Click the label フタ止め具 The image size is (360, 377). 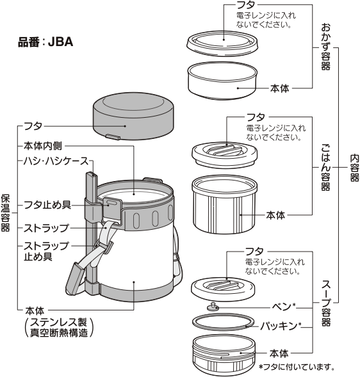46,205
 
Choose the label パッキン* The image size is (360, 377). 279,326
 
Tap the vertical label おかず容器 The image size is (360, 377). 325,47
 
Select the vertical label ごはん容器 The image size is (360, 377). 325,168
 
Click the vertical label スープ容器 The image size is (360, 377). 325,301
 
